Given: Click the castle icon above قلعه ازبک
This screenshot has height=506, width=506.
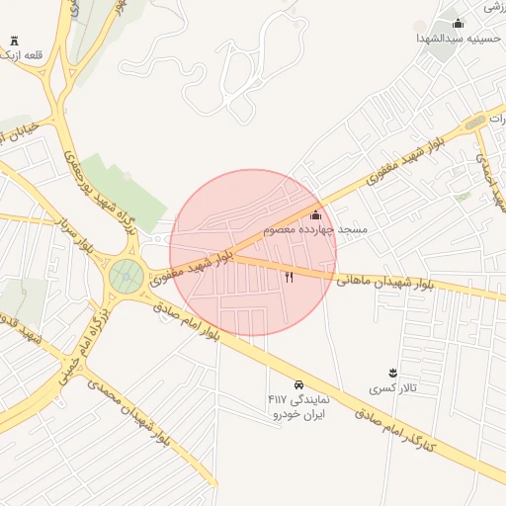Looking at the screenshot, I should click(x=15, y=41).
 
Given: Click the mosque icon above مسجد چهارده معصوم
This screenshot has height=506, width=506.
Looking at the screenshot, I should click(x=316, y=214).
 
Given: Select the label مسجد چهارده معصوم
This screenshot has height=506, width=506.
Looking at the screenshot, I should click(x=315, y=229).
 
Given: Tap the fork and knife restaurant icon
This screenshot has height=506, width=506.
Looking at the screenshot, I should click(x=290, y=278).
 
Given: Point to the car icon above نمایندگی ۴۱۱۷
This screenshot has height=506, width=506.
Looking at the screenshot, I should click(x=297, y=383).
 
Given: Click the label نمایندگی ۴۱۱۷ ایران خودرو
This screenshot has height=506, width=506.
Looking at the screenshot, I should click(x=296, y=405).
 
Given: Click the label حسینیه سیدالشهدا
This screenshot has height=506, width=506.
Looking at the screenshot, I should click(x=458, y=38).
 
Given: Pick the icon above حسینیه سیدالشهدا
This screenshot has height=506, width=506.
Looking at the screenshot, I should click(x=457, y=23).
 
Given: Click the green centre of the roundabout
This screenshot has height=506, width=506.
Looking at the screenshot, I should click(x=126, y=277).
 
